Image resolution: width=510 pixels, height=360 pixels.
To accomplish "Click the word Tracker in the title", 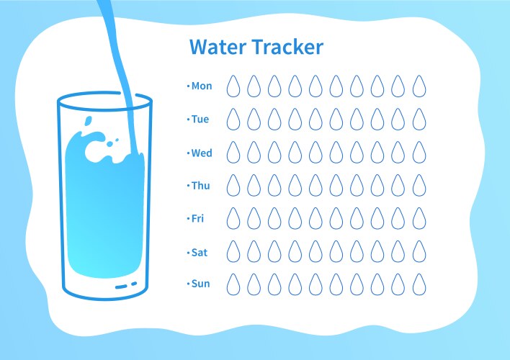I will click(x=288, y=48).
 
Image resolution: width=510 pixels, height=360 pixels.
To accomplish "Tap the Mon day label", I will click(x=202, y=86).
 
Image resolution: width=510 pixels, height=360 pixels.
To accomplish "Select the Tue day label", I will click(x=200, y=120).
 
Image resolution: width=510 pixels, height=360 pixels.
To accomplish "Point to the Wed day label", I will click(x=202, y=153).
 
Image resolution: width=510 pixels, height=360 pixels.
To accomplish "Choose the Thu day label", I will click(x=200, y=186).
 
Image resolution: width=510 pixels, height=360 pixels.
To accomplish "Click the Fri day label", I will click(x=198, y=218).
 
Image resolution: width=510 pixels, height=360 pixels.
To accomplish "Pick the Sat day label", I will click(x=200, y=251).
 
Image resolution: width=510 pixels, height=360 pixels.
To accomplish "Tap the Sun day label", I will click(x=200, y=284).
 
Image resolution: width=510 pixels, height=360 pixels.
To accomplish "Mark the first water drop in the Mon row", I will click(x=233, y=87).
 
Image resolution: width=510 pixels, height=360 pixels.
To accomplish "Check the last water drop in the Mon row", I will click(x=419, y=87).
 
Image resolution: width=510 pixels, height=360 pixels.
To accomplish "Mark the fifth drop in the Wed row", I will click(x=316, y=153).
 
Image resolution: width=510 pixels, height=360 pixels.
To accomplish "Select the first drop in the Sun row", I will click(x=233, y=284).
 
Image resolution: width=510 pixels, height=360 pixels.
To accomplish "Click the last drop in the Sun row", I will click(x=419, y=284).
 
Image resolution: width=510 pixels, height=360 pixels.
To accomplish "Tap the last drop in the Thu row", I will click(x=419, y=186).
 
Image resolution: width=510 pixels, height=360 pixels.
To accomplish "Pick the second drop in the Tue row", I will click(x=254, y=120).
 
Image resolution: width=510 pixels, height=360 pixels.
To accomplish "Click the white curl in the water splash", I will click(x=94, y=150).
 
